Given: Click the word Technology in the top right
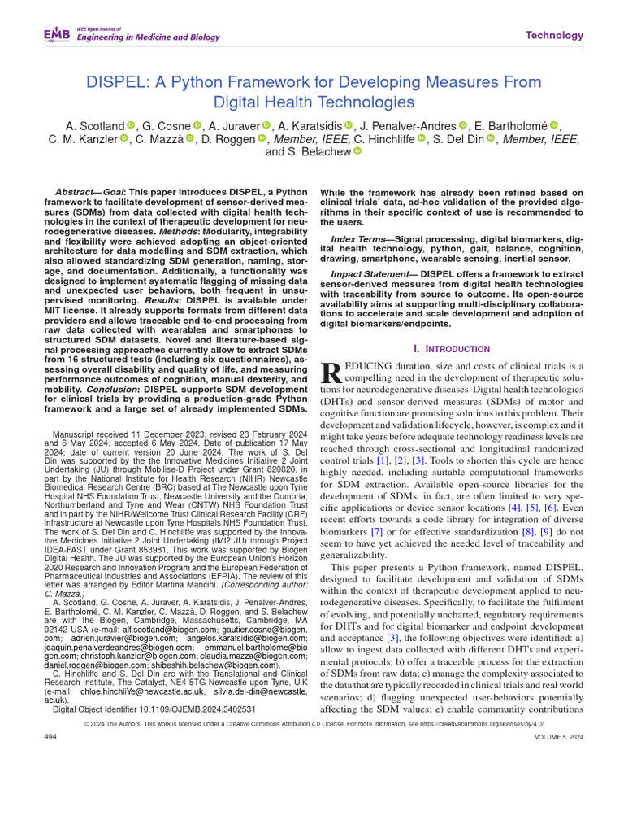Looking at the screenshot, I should click(554, 35).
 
